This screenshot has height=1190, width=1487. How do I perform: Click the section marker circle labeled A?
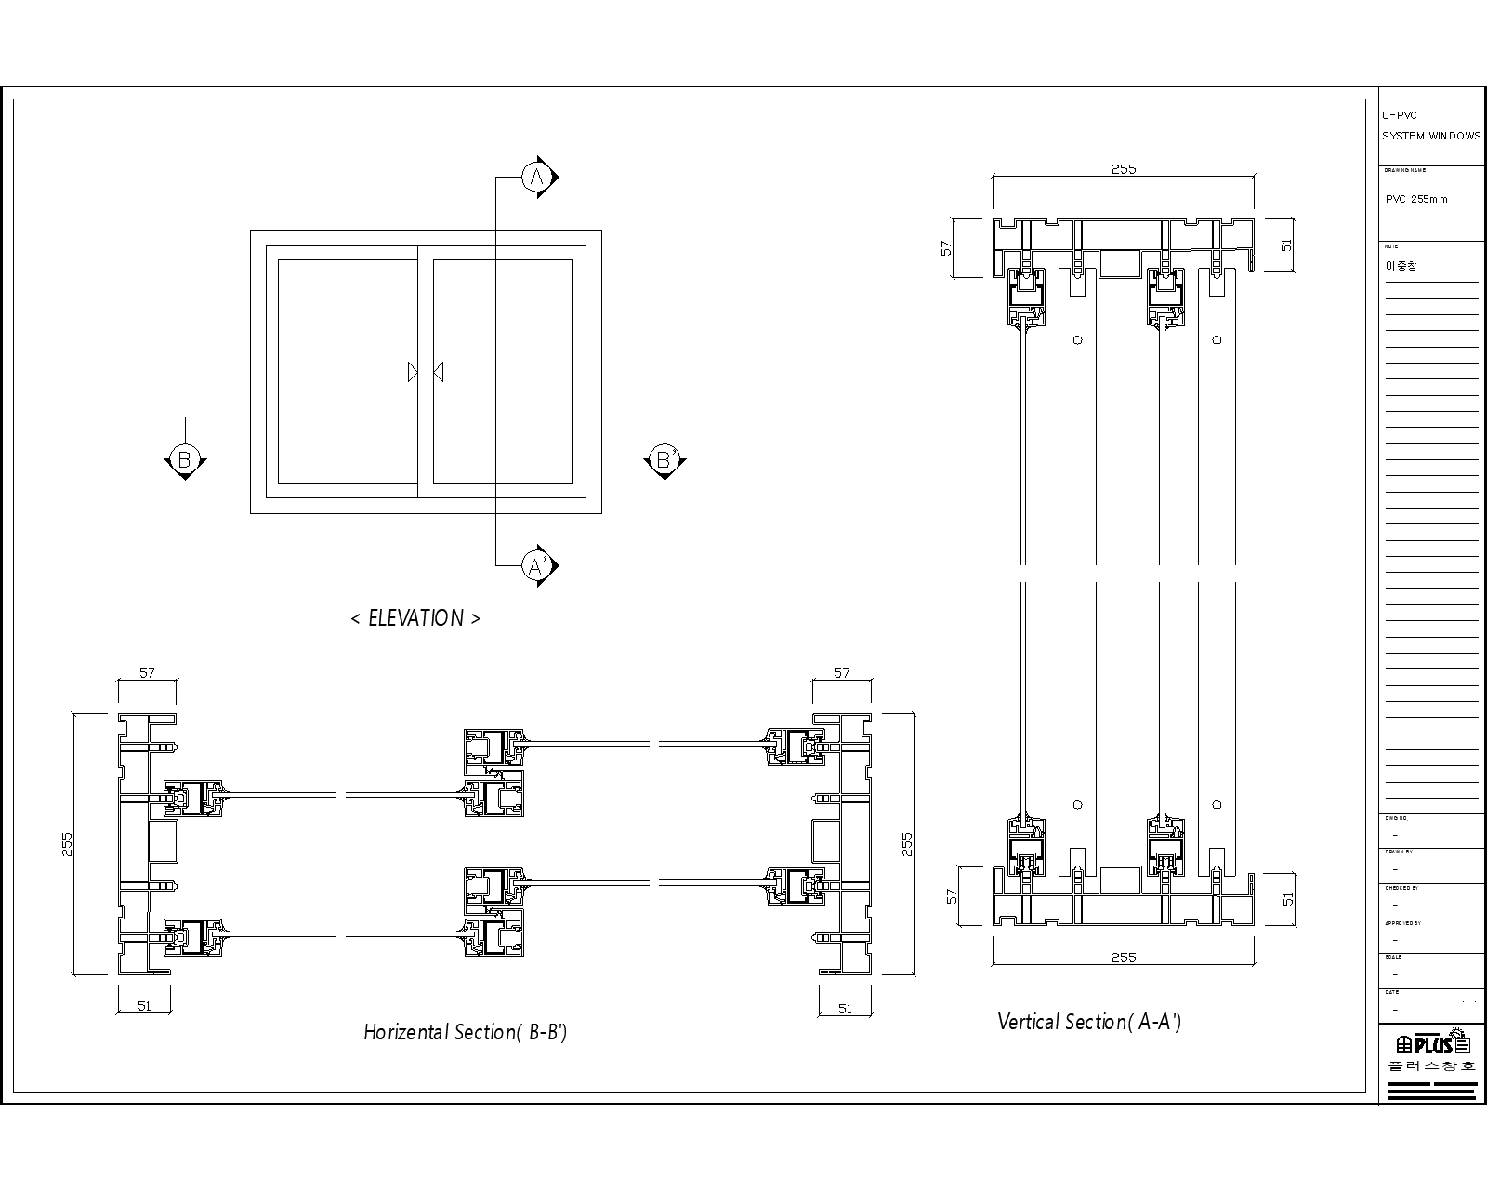(x=536, y=177)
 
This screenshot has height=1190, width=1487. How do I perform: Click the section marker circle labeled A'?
(x=536, y=564)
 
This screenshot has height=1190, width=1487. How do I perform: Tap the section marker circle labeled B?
(x=184, y=459)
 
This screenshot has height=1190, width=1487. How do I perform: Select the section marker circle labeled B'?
(x=665, y=459)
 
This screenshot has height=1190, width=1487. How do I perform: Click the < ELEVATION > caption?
(x=415, y=618)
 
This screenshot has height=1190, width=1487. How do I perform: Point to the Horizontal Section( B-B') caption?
(x=465, y=1032)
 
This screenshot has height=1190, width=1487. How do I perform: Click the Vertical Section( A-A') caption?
(x=1089, y=1022)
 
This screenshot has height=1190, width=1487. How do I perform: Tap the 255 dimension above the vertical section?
(x=1124, y=169)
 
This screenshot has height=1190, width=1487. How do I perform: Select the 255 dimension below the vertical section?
(x=1124, y=957)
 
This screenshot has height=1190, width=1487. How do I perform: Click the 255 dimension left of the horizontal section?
(x=67, y=844)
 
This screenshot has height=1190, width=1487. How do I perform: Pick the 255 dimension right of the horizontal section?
(x=908, y=844)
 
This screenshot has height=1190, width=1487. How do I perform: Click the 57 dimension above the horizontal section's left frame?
(x=147, y=673)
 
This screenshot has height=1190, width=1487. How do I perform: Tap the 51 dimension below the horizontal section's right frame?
(x=845, y=1008)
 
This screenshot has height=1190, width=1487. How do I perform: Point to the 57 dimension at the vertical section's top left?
(x=947, y=248)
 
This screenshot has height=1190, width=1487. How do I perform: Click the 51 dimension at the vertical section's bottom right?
(x=1287, y=899)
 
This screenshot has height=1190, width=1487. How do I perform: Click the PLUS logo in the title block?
(x=1431, y=1043)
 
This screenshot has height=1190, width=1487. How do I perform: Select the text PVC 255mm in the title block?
(x=1416, y=199)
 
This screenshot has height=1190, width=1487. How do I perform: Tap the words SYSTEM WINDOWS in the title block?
(x=1431, y=136)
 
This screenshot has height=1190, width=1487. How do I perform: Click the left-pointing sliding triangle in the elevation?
(x=439, y=372)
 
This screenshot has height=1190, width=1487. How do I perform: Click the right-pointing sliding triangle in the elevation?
(x=413, y=372)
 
